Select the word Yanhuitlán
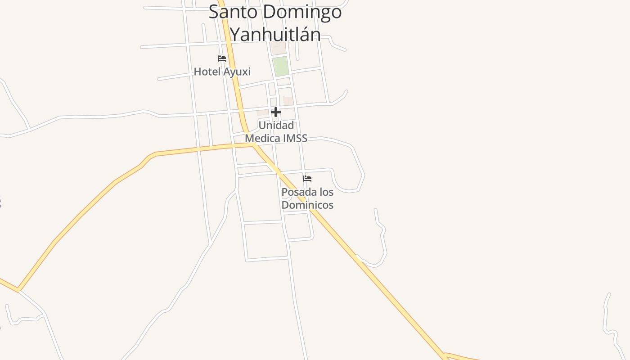(275, 34)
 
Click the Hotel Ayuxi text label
(222, 72)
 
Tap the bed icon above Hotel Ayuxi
(222, 58)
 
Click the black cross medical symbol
(276, 112)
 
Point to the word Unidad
(276, 125)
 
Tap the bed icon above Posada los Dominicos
(307, 179)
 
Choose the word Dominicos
(307, 205)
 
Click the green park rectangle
(281, 66)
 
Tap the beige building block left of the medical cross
(262, 112)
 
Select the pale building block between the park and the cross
(287, 100)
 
